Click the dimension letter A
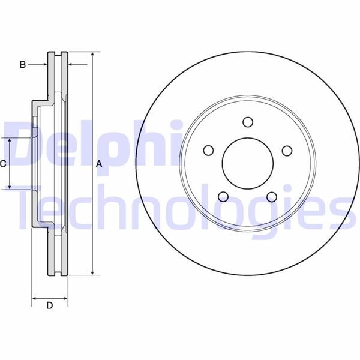[100, 164]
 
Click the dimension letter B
[22, 64]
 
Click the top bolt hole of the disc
[247, 122]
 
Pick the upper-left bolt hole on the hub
[209, 150]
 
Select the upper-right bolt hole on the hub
[286, 150]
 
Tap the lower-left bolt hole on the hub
[223, 196]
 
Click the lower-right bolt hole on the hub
[271, 196]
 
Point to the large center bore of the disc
[247, 163]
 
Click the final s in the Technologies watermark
[338, 210]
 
